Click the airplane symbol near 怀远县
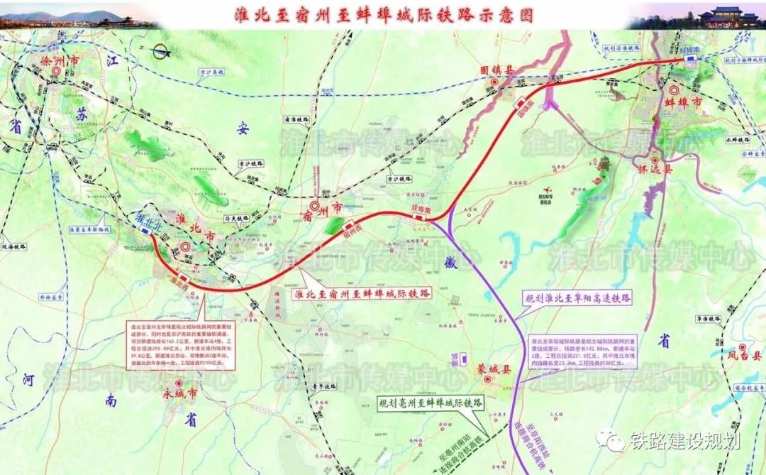coord(748,183)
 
